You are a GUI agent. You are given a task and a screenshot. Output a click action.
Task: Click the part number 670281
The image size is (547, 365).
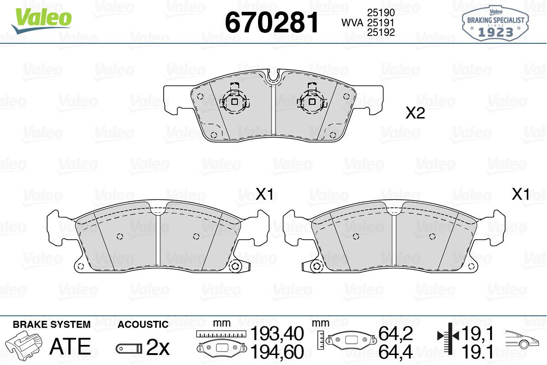coord(272,23)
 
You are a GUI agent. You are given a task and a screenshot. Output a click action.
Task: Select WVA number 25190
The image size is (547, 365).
coord(381,12)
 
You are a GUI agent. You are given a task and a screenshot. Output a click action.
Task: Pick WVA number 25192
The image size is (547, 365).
coord(381,32)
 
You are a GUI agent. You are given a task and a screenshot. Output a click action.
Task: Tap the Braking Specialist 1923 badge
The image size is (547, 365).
coord(495,24)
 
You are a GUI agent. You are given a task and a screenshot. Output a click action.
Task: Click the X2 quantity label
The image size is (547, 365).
coord(415,113)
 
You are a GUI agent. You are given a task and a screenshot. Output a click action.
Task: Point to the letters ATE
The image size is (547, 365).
coord(70,346)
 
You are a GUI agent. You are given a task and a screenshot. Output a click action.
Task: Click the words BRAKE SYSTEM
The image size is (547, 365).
coord(52,324)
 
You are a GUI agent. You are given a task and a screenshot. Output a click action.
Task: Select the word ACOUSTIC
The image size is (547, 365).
coord(143,324)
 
